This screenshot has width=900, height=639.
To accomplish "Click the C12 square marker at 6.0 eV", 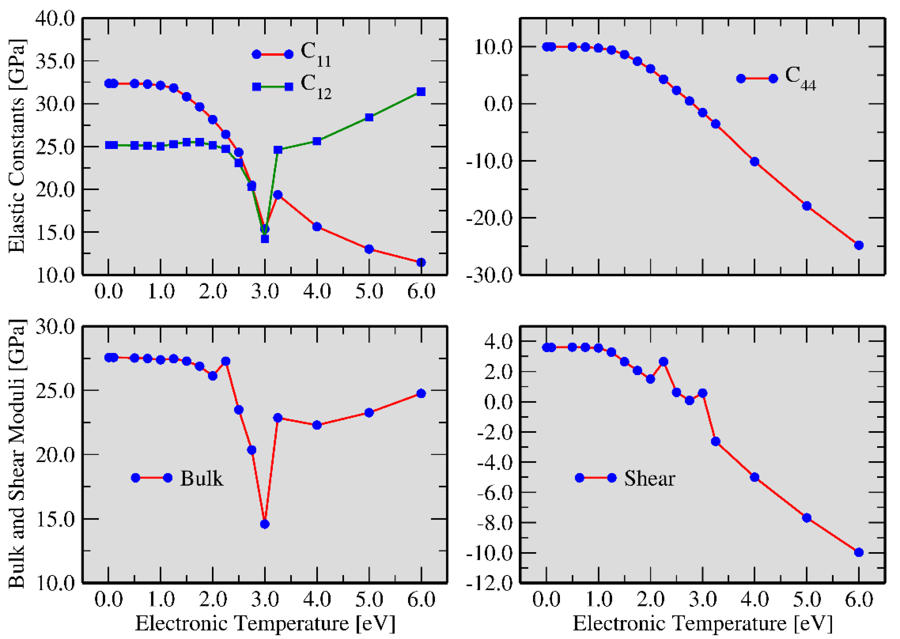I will coord(421,92).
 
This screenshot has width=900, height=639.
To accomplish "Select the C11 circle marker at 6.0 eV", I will coord(421,262).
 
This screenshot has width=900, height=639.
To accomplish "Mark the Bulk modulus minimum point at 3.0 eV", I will coord(265,524).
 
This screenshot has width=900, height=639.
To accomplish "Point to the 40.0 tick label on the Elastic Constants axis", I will coord(55,19).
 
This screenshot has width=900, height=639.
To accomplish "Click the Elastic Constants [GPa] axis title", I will coord(16,146).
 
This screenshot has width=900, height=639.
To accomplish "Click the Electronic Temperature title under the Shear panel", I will coord(703,623).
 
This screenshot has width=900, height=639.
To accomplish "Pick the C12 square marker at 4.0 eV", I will coord(317,141).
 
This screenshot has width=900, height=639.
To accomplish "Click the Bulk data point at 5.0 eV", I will coord(369,413).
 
